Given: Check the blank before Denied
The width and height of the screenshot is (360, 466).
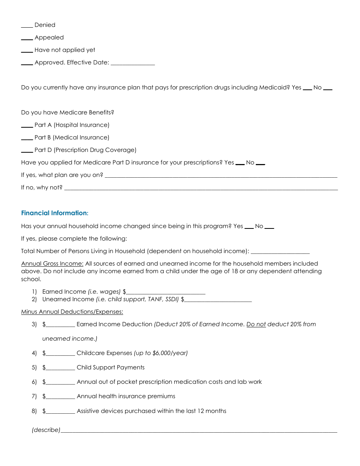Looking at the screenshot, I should tap(27, 27).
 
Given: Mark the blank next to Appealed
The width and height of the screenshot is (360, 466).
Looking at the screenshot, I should tap(27, 39).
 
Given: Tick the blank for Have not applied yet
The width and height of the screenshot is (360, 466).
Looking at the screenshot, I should tap(27, 52).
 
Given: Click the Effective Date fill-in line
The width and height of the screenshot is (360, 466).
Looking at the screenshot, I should tap(133, 64).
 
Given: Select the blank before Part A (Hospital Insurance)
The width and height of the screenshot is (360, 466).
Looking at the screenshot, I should tap(27, 127).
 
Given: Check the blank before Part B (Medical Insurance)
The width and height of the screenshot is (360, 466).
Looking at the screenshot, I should tap(27, 139).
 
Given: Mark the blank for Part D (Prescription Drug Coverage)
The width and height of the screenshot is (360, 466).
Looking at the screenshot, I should tap(27, 152).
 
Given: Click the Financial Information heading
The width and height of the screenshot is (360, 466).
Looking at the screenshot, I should tap(55, 213).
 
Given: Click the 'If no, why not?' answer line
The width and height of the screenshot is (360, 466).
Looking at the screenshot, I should tap(201, 189).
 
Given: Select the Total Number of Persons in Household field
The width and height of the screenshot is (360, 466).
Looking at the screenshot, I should tap(280, 253).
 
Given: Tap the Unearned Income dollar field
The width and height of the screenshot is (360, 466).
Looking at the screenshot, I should tap(218, 301).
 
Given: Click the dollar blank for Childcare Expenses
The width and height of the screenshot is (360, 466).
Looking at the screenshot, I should tap(60, 355).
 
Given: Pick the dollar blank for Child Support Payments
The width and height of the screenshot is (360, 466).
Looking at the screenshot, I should tap(60, 369).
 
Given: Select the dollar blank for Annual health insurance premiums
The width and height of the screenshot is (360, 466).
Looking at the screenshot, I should tap(60, 398).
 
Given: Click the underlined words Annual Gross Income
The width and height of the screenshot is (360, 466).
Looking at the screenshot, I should tap(52, 264).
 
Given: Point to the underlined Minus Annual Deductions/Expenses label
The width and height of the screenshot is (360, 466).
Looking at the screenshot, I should tap(72, 312).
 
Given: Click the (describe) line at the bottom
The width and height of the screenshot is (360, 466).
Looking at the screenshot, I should tap(199, 432).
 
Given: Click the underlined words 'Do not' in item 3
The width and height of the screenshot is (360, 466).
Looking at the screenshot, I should tap(256, 324).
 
